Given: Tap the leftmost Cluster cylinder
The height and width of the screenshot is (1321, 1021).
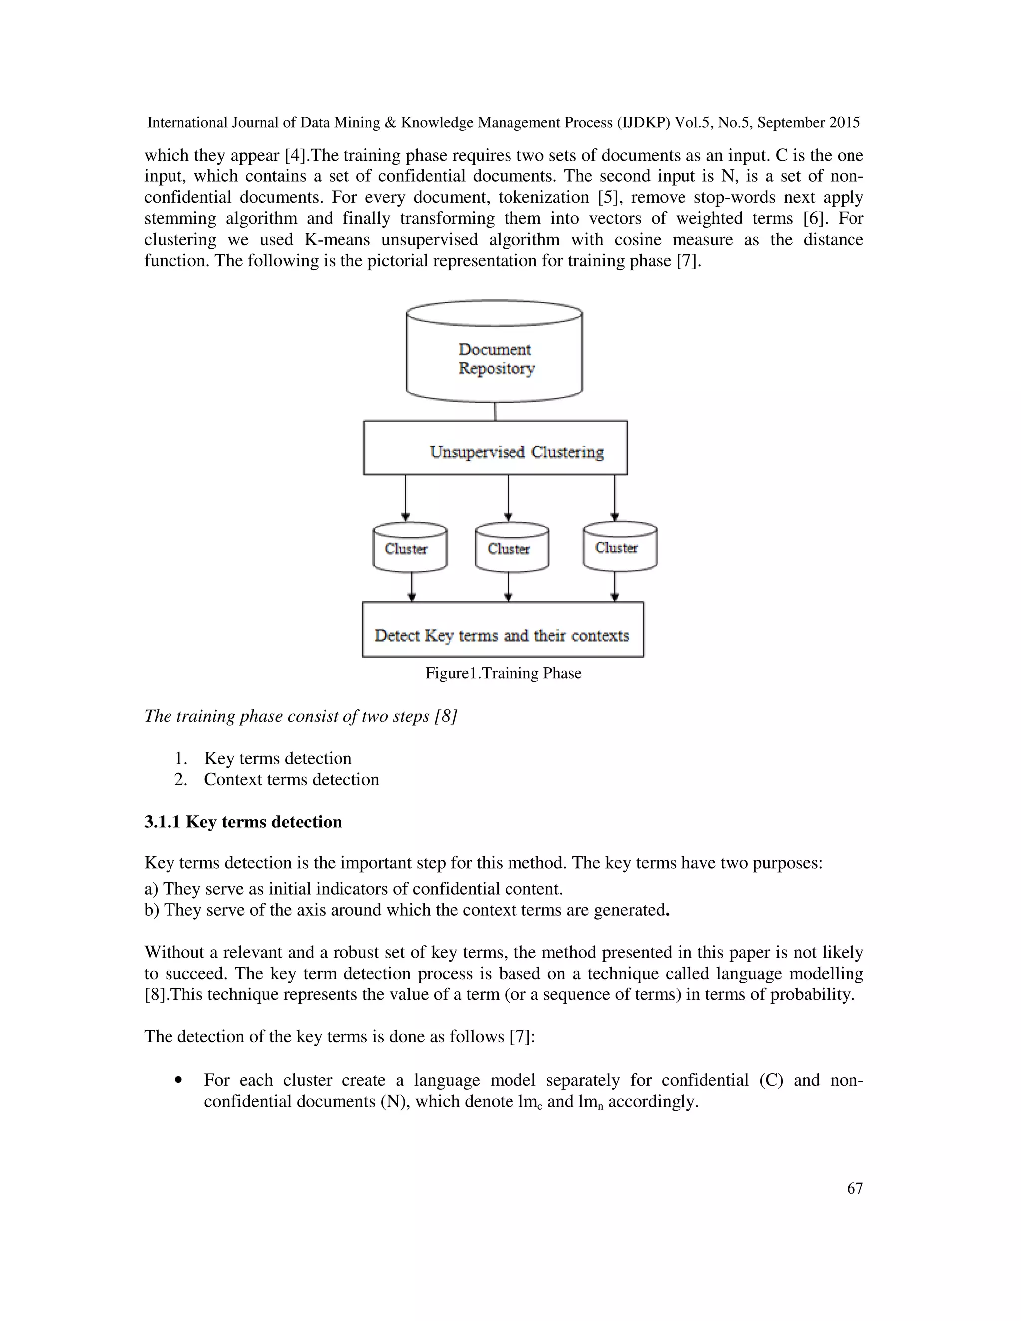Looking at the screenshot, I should (409, 548).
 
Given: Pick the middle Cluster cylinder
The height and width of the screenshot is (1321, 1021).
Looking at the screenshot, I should (511, 548).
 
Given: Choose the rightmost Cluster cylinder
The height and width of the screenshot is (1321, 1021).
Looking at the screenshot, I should (619, 547).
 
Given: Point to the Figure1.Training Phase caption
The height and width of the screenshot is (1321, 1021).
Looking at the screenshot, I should (503, 673).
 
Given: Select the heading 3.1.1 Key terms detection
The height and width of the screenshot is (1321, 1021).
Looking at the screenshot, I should (243, 822).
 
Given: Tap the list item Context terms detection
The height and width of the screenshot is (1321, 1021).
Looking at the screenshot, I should (291, 779).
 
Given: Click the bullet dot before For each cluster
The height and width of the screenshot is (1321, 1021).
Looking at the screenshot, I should (178, 1080).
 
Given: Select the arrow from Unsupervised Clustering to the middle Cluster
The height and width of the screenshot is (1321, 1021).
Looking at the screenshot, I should (508, 497).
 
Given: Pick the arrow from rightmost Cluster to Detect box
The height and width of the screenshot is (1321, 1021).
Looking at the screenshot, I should (615, 586).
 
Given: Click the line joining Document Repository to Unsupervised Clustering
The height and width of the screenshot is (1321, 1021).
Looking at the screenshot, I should (495, 411).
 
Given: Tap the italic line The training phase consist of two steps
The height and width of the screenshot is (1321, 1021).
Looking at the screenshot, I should (300, 716).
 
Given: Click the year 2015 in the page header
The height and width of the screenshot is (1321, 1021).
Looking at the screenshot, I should (844, 123).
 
